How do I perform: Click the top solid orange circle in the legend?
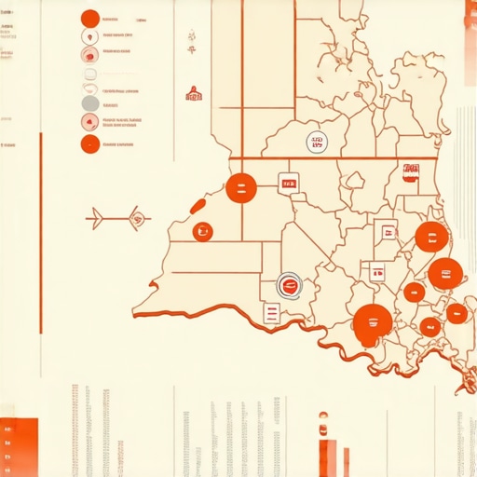90,19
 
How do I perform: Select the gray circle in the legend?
90,102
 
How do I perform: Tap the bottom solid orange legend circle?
90,144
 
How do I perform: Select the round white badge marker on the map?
317,142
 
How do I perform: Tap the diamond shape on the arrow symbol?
137,219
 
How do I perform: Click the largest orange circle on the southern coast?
372,323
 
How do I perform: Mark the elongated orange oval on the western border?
198,205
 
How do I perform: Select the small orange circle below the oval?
201,231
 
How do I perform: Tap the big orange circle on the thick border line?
241,188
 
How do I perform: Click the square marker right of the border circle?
289,183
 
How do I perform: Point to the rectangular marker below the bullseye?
272,313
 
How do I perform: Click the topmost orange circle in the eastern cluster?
430,237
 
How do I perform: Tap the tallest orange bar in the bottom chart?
327,452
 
